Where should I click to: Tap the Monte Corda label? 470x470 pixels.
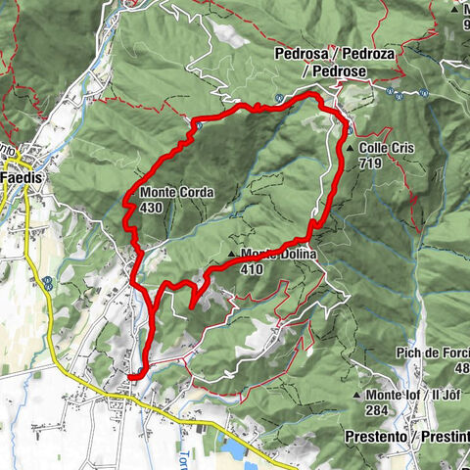[x=176, y=193]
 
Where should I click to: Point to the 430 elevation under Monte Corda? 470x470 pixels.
[x=151, y=208]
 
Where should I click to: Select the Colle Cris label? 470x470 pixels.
[x=387, y=148]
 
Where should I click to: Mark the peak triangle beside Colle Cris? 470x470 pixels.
[x=350, y=148]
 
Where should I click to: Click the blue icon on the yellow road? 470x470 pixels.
[x=47, y=284]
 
